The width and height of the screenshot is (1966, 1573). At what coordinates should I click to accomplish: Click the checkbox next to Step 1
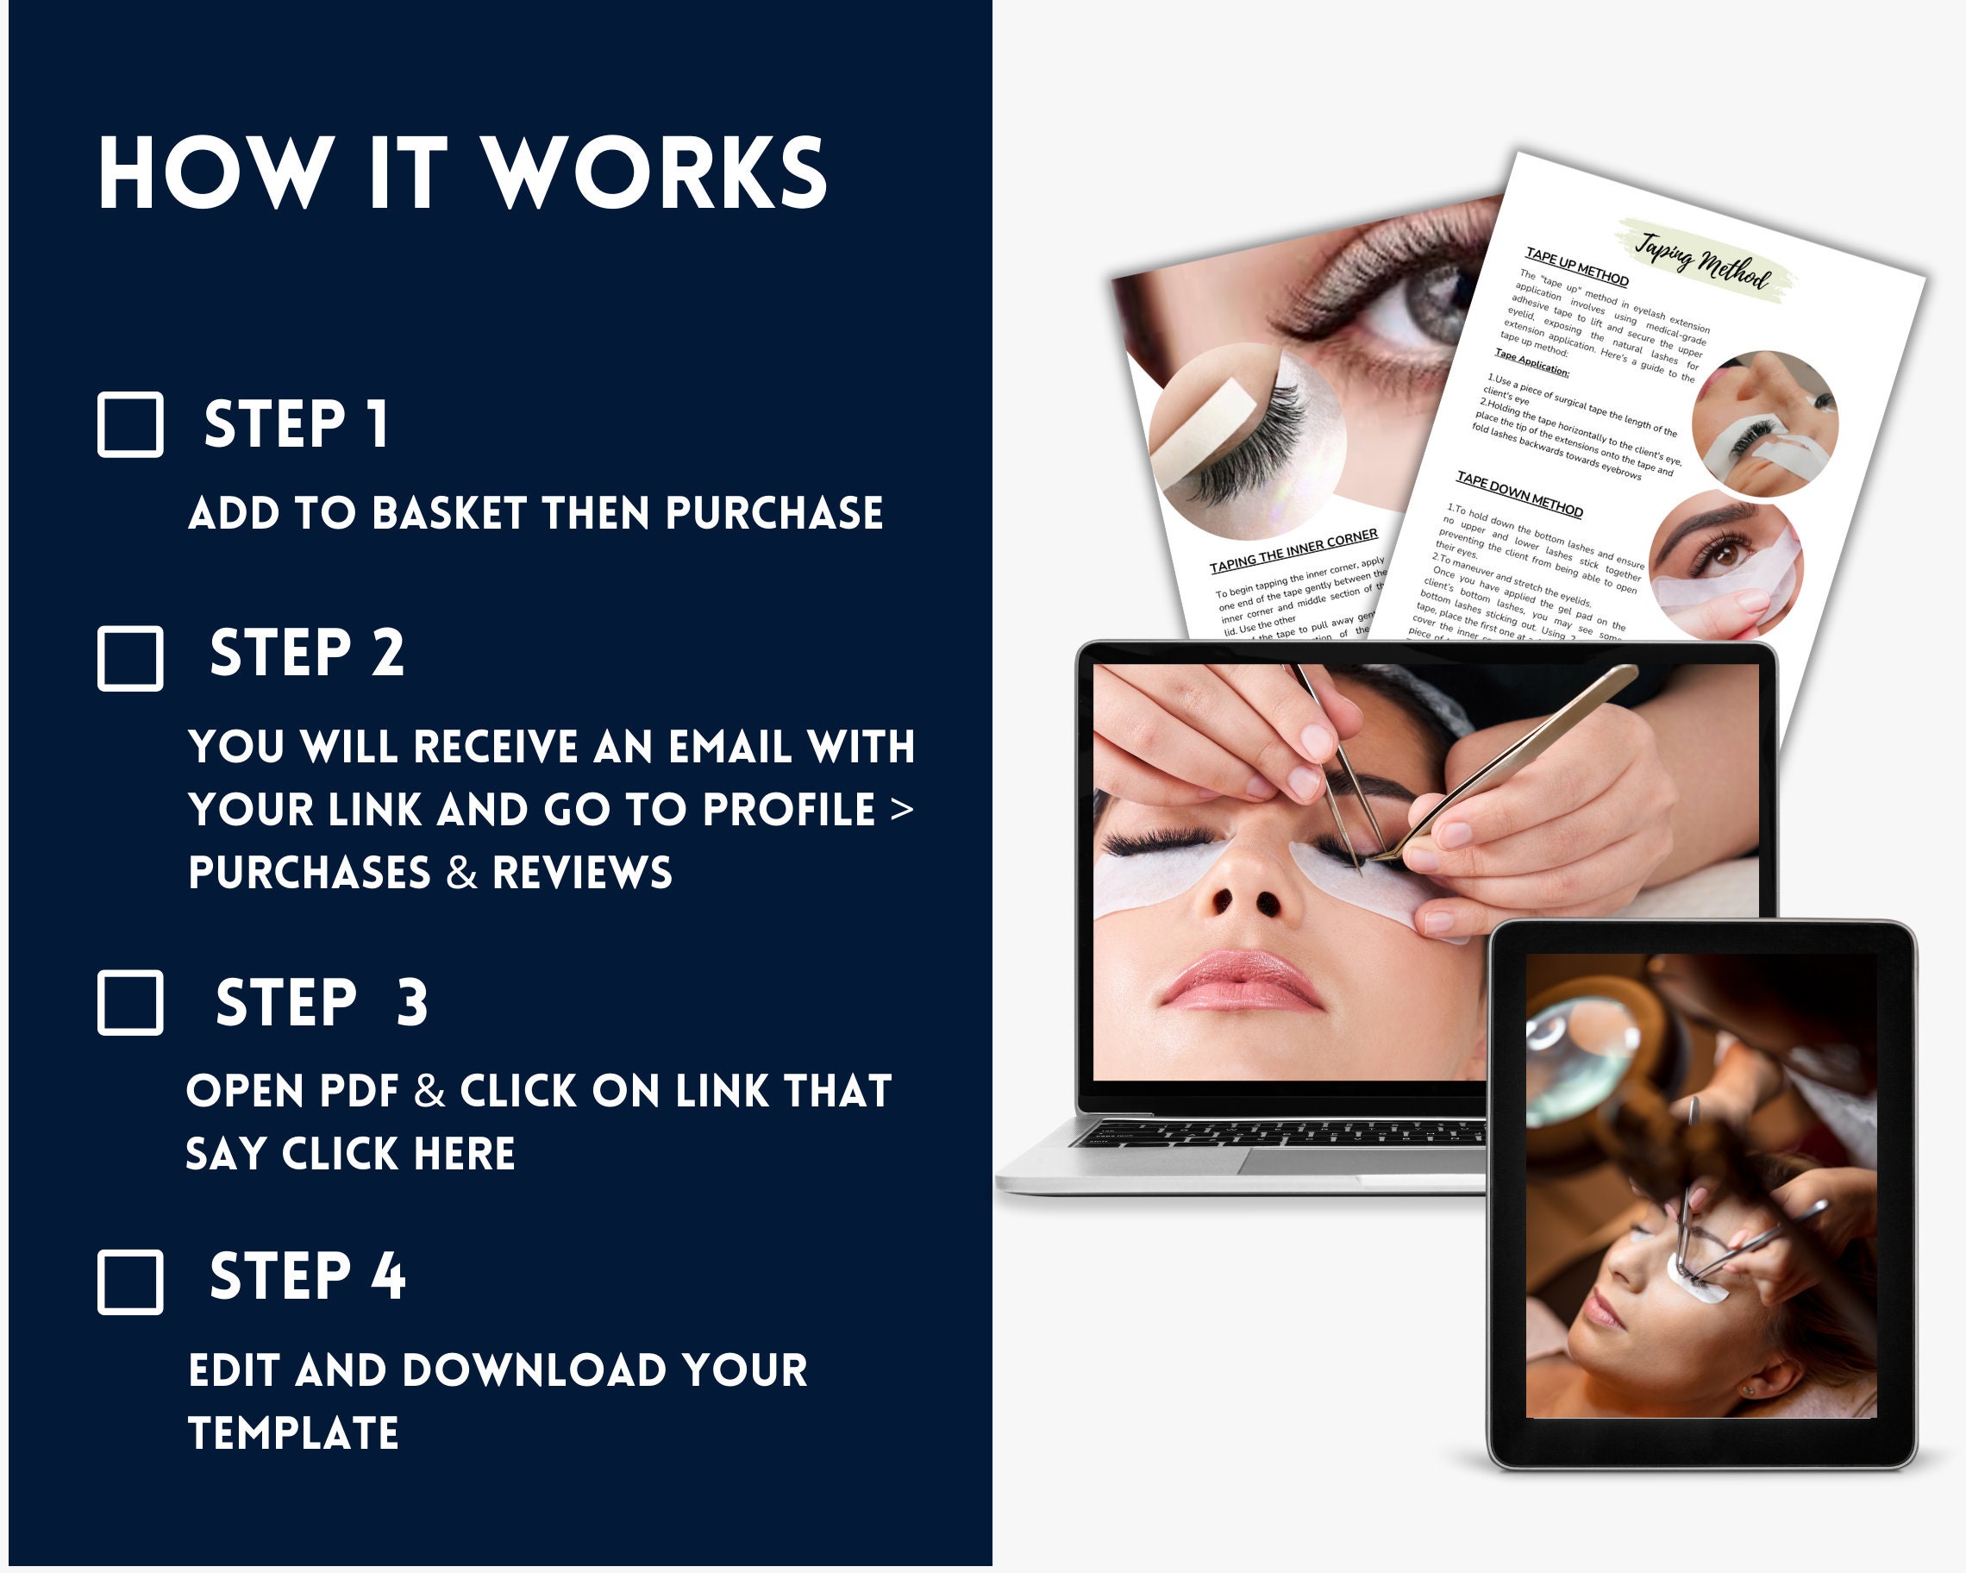pyautogui.click(x=130, y=424)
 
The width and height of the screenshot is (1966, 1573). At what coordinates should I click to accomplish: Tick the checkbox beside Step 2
pyautogui.click(x=130, y=657)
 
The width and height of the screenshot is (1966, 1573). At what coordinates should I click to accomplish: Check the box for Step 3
pyautogui.click(x=130, y=1002)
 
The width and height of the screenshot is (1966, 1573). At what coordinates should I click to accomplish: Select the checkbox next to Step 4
pyautogui.click(x=130, y=1282)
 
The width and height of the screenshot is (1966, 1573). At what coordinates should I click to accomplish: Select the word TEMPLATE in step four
pyautogui.click(x=294, y=1432)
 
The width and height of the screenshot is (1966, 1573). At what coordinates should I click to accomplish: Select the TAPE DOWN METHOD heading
pyautogui.click(x=1519, y=493)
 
